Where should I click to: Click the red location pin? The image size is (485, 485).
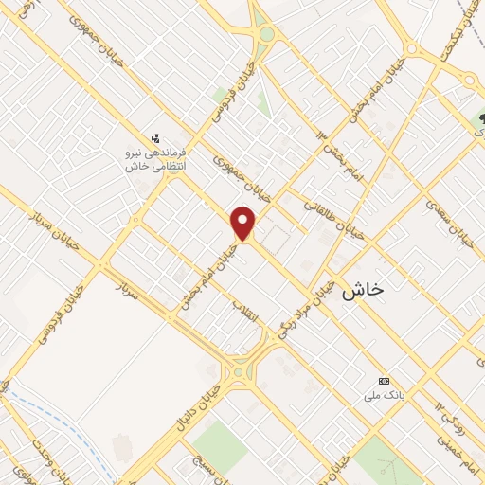tap(244, 224)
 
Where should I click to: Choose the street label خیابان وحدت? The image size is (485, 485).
tap(38, 460)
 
